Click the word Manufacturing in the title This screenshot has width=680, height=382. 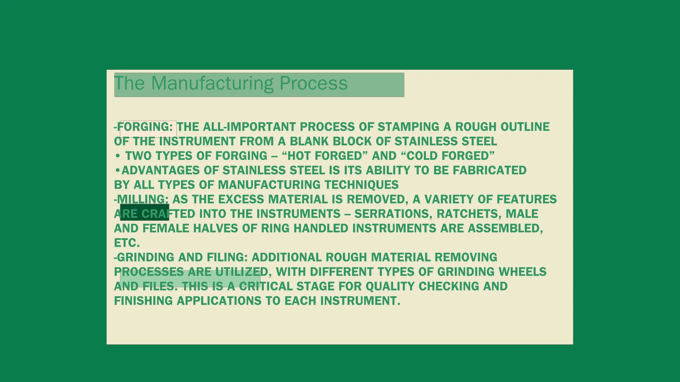212,83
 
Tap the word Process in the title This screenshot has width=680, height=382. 313,83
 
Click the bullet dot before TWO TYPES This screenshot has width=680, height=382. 118,156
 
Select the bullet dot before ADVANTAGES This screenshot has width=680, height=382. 118,170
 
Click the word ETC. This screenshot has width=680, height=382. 127,243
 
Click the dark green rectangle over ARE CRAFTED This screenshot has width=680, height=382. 144,212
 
